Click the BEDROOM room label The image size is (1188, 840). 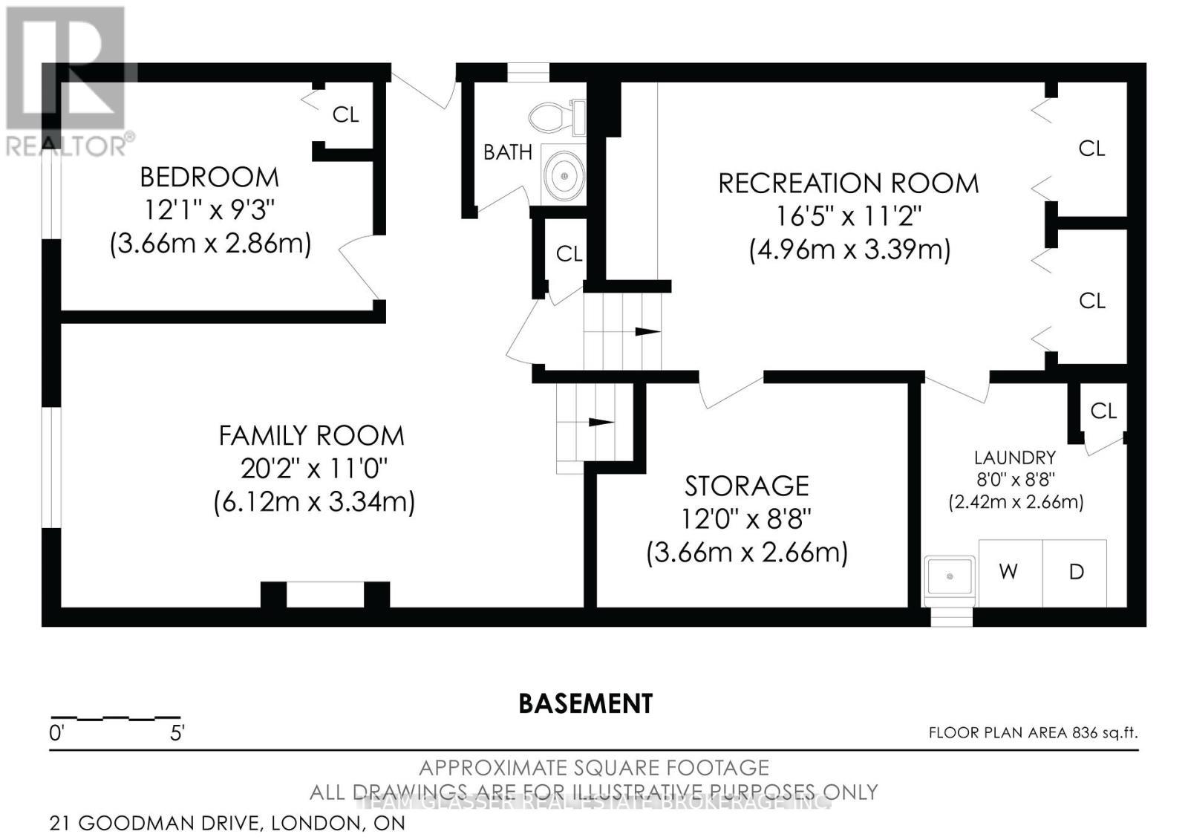pos(209,178)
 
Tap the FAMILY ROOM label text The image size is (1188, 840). pos(311,436)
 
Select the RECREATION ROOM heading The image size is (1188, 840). pos(849,183)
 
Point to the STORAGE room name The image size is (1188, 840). pos(747,486)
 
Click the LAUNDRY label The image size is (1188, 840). pos(1015,458)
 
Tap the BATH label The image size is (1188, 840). pos(508,152)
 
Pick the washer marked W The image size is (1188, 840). pos(1011,573)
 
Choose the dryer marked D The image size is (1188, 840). pos(1075,573)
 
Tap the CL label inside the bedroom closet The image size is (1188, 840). pos(345,114)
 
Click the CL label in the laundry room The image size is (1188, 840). pos(1103,411)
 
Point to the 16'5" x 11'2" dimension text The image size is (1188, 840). pos(849,217)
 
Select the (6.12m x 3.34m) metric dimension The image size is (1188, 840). pos(314,502)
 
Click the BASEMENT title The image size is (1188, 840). pos(586,704)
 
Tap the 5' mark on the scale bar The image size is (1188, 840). pos(177,733)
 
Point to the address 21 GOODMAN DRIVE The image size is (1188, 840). pos(155,823)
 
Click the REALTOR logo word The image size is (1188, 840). pos(66,147)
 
